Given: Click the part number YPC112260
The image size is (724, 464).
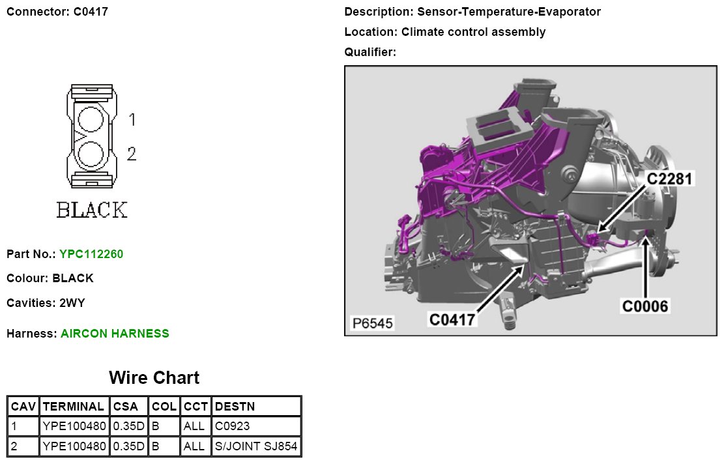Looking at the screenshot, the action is click(x=91, y=254).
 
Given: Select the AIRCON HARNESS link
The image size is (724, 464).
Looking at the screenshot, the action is click(x=115, y=334).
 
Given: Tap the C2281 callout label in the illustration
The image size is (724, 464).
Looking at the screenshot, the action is click(x=669, y=179).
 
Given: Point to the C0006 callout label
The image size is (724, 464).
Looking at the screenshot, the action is click(x=645, y=306).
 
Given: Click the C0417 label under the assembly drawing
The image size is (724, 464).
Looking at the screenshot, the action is click(x=452, y=319).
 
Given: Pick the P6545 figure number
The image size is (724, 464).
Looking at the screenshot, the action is click(x=372, y=323).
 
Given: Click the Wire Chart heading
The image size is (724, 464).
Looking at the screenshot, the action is click(x=154, y=378).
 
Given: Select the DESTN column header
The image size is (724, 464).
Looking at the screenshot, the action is click(x=235, y=406).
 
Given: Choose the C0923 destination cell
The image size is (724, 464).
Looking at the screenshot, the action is click(x=232, y=426).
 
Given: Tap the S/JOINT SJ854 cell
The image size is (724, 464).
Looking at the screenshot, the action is click(x=256, y=446).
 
